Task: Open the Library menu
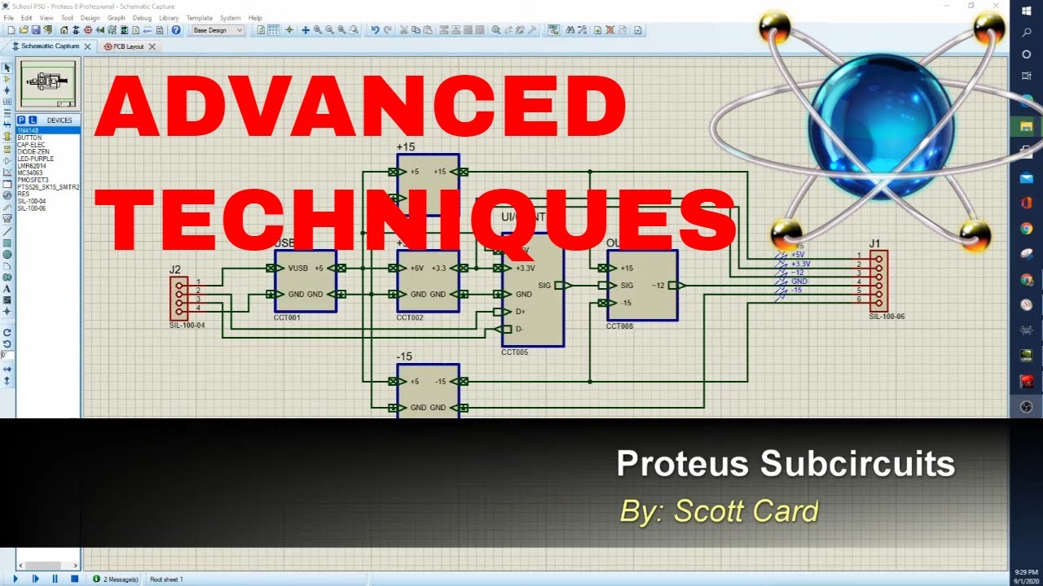tap(169, 18)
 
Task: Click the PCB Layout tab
tap(128, 46)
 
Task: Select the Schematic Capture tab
tap(50, 46)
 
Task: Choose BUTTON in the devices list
tap(29, 138)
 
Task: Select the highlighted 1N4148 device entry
tap(29, 130)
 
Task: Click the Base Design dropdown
tap(218, 30)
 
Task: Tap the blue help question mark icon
tap(176, 30)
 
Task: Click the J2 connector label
tap(175, 269)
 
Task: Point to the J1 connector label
tap(874, 243)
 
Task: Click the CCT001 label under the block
tap(287, 317)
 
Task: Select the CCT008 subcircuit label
tap(619, 326)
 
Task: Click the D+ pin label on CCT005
tap(521, 312)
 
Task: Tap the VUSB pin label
tap(297, 268)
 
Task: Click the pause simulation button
tap(55, 579)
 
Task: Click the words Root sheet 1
tap(166, 579)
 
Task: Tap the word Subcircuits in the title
tap(857, 464)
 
